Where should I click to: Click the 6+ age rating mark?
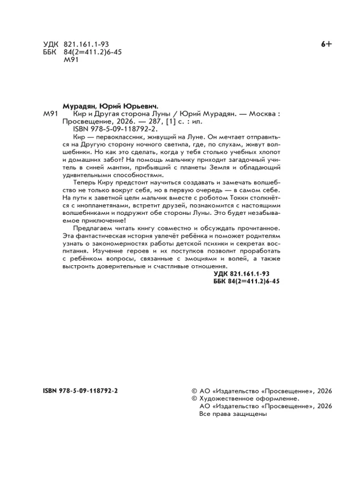(326, 45)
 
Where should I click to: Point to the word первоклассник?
(120, 136)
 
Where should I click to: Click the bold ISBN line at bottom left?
(80, 390)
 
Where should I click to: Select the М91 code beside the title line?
(50, 114)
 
